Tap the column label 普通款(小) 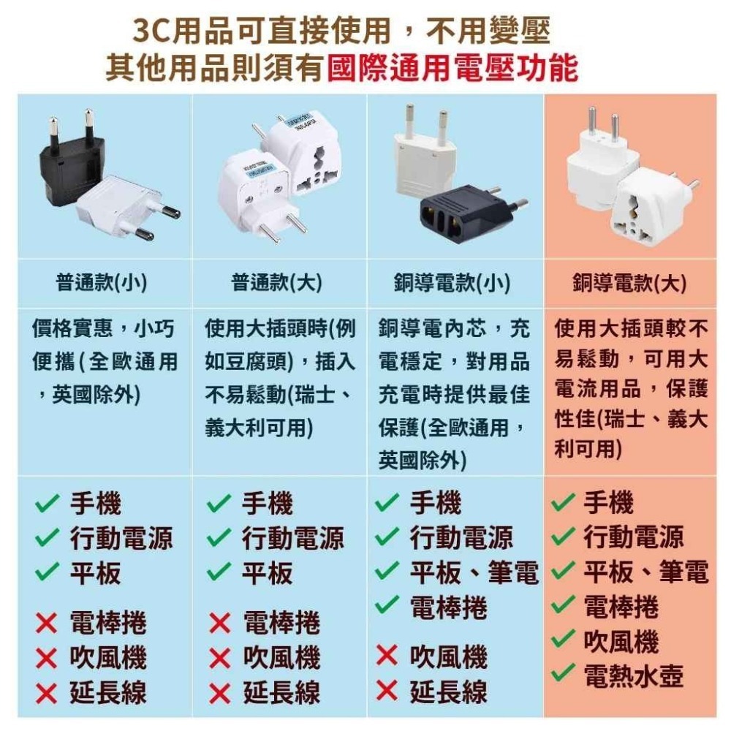[102, 283]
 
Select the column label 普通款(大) [277, 283]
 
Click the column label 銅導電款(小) [452, 283]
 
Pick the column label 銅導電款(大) [629, 283]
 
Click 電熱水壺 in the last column [634, 676]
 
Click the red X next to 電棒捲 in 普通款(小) [46, 624]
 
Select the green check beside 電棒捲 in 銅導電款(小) [387, 605]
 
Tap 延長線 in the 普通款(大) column [281, 692]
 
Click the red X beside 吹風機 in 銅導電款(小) [387, 656]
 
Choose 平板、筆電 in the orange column [645, 572]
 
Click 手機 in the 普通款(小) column [95, 504]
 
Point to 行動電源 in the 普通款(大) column [293, 539]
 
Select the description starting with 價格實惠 [105, 362]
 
